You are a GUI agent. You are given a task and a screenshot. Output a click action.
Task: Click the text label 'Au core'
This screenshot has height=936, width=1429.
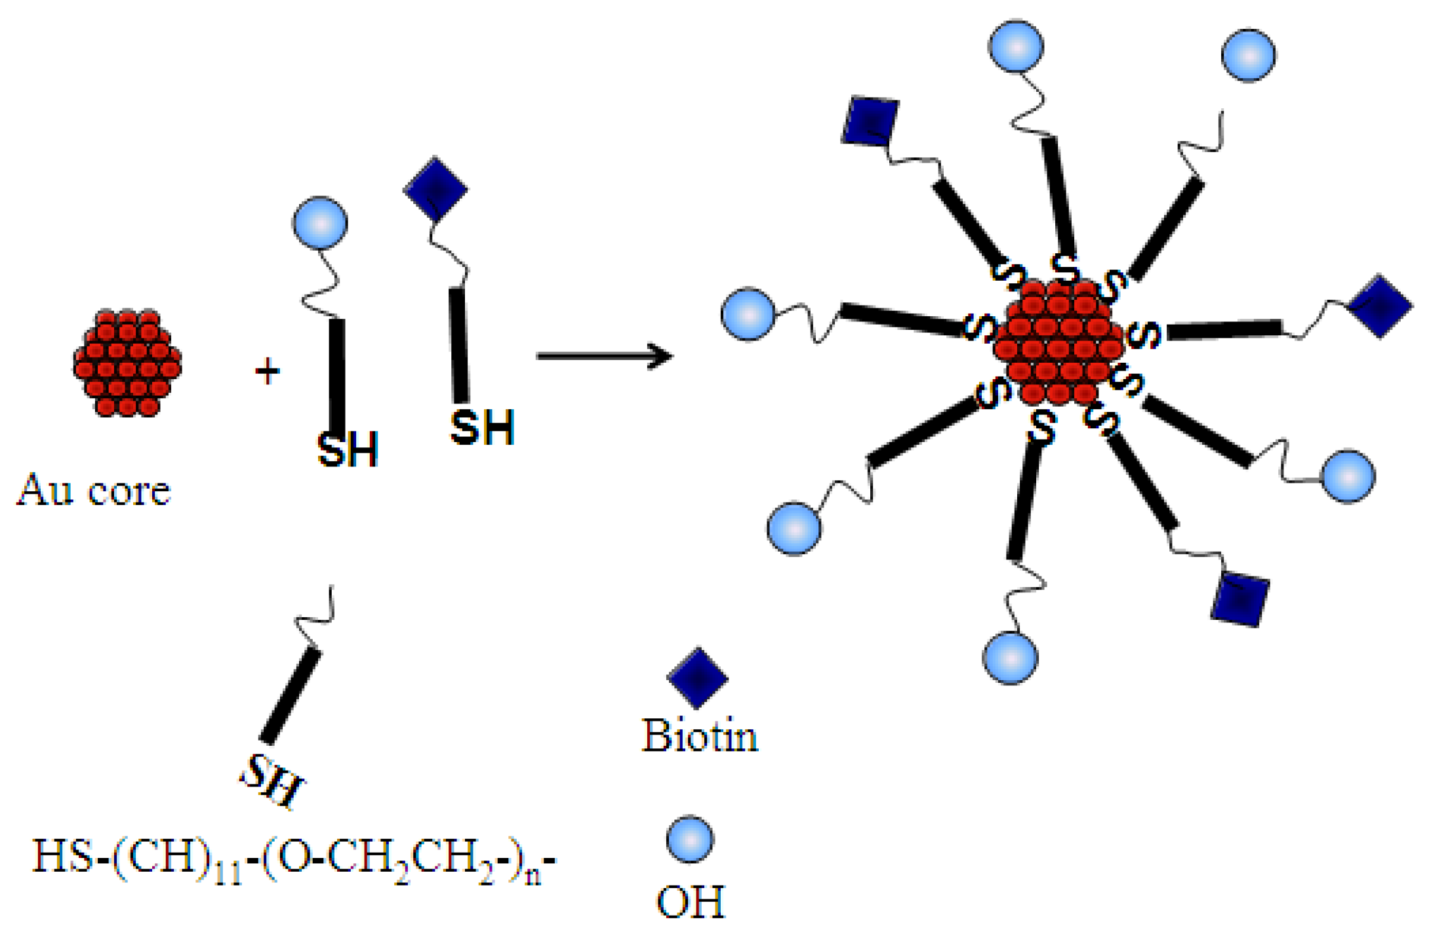click(94, 490)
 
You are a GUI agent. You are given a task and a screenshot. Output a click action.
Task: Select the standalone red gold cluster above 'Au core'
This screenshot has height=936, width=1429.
click(127, 363)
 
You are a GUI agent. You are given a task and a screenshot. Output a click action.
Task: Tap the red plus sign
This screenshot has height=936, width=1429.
click(267, 371)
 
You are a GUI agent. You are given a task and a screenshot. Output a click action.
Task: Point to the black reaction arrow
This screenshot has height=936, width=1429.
click(604, 356)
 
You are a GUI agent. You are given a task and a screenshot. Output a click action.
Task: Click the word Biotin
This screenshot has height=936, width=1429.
click(700, 736)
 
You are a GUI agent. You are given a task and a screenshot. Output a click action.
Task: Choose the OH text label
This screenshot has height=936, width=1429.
click(691, 902)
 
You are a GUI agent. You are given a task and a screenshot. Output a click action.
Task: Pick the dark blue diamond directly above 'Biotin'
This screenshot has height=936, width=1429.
click(697, 678)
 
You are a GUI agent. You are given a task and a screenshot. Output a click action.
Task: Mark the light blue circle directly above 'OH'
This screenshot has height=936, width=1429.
click(690, 839)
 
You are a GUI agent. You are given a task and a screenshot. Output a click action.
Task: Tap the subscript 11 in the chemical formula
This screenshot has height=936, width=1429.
click(228, 875)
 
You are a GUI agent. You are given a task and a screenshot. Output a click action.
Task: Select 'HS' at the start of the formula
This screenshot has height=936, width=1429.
click(62, 855)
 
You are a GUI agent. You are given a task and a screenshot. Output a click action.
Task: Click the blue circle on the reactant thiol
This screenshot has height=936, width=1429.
click(320, 223)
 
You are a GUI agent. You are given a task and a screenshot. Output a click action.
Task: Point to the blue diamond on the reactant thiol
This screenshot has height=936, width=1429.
click(435, 189)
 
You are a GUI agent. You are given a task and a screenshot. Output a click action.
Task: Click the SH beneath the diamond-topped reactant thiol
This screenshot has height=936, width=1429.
click(482, 428)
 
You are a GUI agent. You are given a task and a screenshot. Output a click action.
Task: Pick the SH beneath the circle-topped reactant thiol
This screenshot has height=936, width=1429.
click(348, 449)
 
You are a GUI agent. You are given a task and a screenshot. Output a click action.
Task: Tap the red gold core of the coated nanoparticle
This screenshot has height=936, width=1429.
click(1058, 342)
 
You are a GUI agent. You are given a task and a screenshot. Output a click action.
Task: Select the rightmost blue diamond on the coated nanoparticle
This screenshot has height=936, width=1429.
click(1380, 306)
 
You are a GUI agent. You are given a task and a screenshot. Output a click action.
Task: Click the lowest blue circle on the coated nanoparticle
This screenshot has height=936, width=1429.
click(1010, 657)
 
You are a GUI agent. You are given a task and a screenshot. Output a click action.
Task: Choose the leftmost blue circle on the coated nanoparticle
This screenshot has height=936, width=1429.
click(748, 314)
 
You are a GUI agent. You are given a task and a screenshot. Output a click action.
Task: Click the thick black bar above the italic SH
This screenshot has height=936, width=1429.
click(291, 695)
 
